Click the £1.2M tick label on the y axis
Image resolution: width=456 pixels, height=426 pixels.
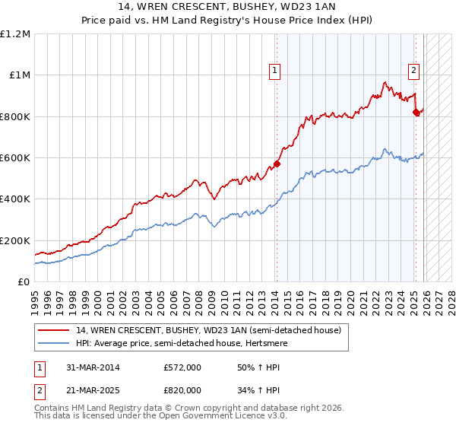click(15, 33)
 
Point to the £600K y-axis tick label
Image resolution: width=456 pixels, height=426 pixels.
click(15, 157)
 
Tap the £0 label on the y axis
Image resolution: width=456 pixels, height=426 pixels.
click(24, 281)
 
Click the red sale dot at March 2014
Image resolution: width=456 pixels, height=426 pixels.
click(277, 164)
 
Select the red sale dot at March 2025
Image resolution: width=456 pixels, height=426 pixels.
click(416, 113)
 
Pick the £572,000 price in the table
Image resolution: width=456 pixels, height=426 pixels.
click(182, 367)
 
